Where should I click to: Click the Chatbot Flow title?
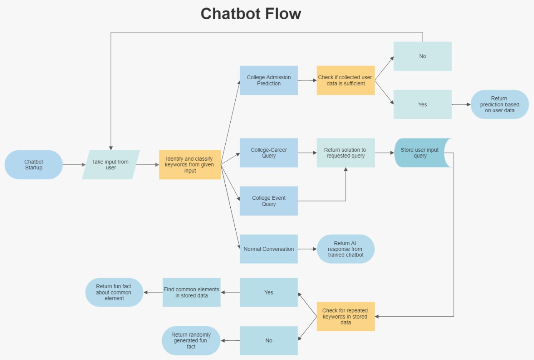(251, 14)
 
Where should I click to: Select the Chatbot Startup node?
(34, 165)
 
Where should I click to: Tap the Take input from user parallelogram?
(111, 165)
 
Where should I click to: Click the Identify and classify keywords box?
(190, 165)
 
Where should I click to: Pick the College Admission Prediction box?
(269, 80)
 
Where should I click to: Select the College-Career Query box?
(269, 153)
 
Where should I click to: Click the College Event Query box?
(269, 201)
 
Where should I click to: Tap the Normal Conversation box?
(269, 249)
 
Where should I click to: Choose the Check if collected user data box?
(345, 80)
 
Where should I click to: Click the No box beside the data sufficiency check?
(422, 56)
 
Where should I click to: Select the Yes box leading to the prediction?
(422, 104)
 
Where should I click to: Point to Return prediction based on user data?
(499, 104)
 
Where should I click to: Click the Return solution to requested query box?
(345, 153)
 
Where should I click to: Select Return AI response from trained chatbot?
(345, 249)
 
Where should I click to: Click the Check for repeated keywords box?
(345, 317)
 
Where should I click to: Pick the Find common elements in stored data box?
(191, 292)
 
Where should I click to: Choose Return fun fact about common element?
(114, 292)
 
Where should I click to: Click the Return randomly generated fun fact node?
(191, 341)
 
